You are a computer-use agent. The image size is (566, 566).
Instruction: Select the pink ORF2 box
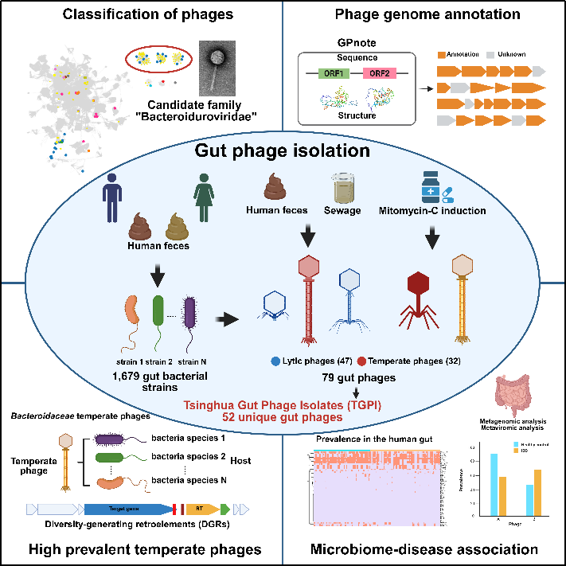(379, 74)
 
